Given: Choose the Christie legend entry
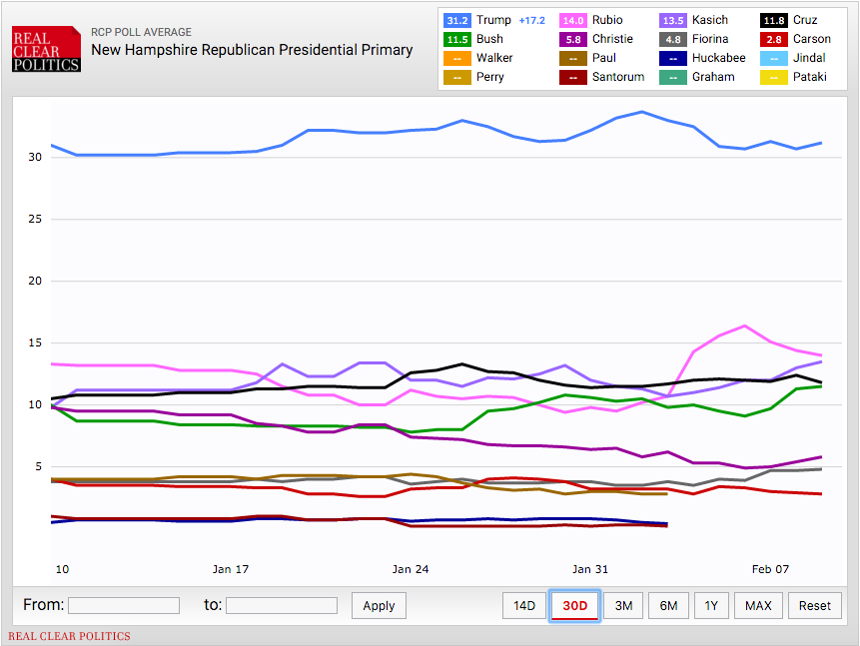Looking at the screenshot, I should pos(600,39).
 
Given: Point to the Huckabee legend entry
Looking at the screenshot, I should pos(703,58).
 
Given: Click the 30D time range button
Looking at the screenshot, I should pos(574,605).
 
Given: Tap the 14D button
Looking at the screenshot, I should pos(524,605).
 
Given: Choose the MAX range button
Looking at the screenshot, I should pos(758,605).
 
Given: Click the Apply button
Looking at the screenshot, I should pos(379,605).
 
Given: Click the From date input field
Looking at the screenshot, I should pos(124,605).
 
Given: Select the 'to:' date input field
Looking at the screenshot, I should pos(282,605).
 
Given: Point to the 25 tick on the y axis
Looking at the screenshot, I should pos(35,219).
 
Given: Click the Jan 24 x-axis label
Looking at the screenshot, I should pos(411,569).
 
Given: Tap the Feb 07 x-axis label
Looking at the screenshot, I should pos(770,569).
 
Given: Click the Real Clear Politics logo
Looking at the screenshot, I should pos(46,47).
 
